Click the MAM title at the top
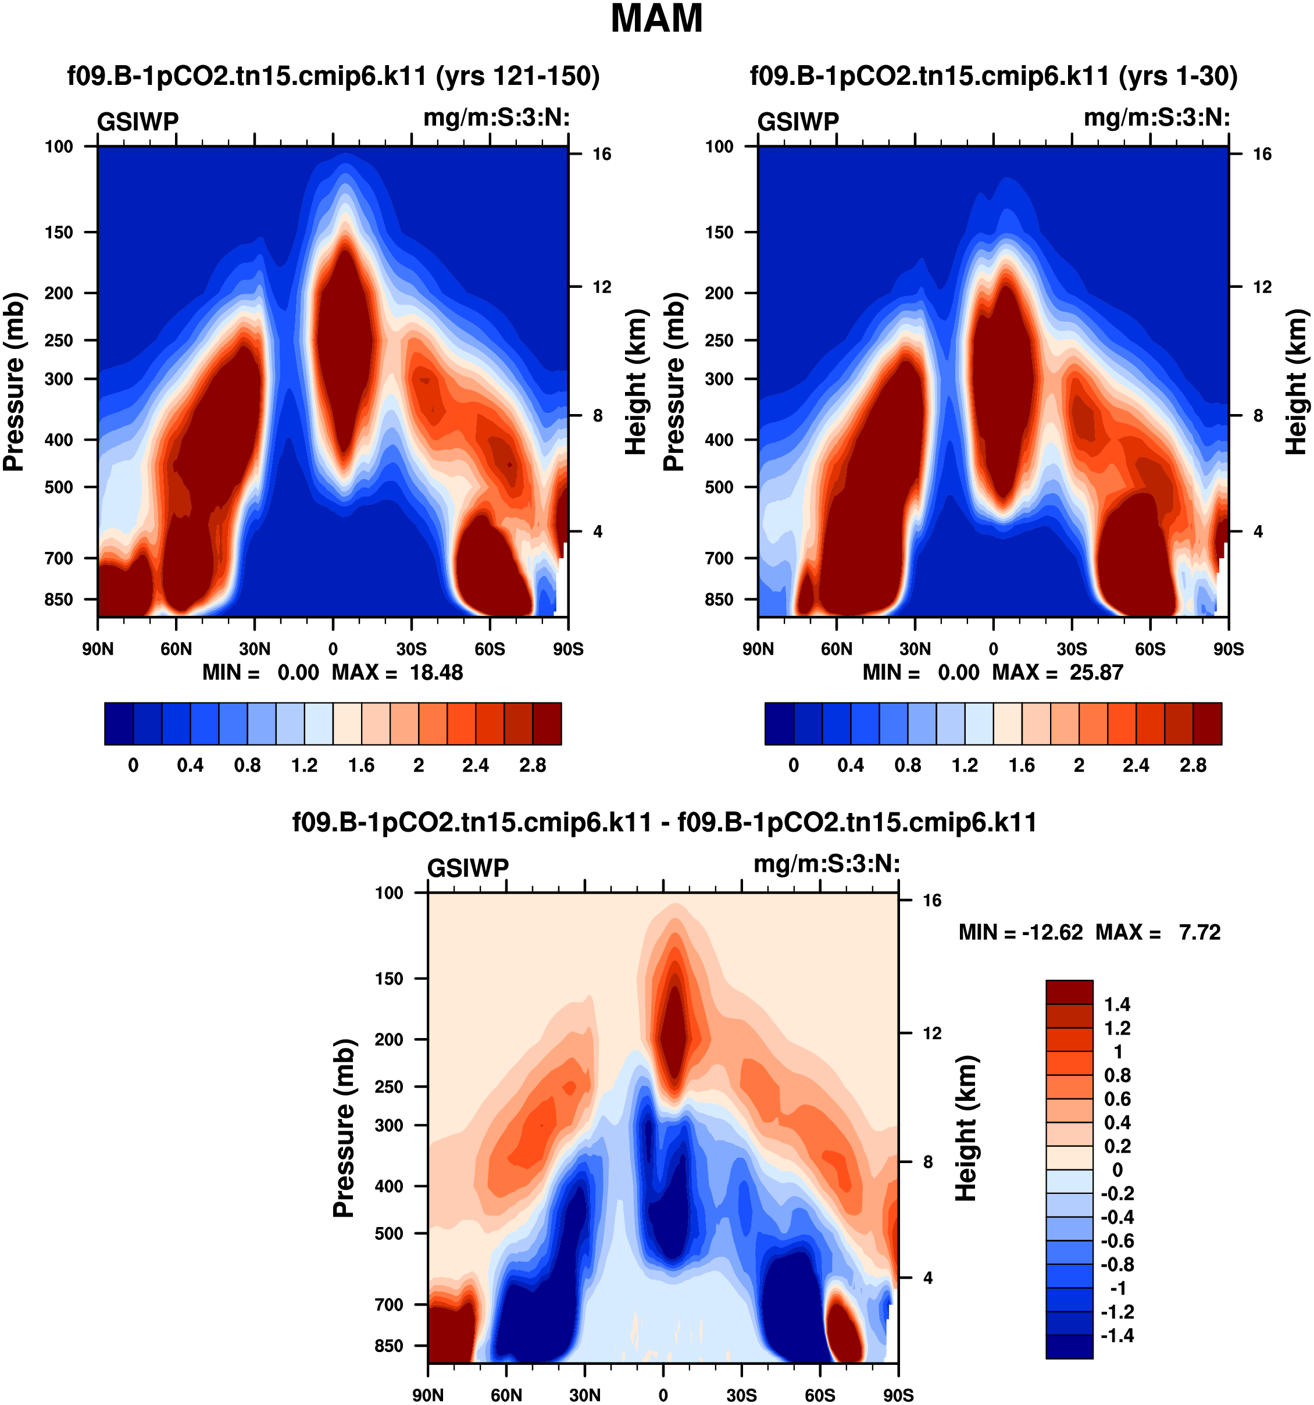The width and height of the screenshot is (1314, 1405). (656, 19)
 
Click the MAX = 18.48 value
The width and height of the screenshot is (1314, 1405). (398, 672)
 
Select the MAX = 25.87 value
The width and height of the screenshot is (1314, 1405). (1058, 672)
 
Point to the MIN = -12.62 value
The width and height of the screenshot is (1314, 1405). (1020, 932)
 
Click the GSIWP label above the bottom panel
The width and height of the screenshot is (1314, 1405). (467, 868)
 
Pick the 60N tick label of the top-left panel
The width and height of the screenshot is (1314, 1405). (176, 649)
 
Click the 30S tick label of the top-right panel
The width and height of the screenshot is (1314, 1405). (1072, 649)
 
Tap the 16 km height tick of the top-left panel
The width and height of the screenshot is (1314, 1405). (601, 154)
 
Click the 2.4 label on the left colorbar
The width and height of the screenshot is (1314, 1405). (476, 765)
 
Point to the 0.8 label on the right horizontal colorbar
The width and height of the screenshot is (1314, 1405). (908, 765)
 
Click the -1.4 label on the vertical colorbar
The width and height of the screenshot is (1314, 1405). (1117, 1335)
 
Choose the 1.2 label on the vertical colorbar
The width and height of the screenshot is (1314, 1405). (1117, 1028)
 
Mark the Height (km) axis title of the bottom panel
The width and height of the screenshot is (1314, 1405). (966, 1129)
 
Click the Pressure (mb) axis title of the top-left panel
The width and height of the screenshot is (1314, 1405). (14, 381)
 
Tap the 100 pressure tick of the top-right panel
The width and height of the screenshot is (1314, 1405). (719, 147)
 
